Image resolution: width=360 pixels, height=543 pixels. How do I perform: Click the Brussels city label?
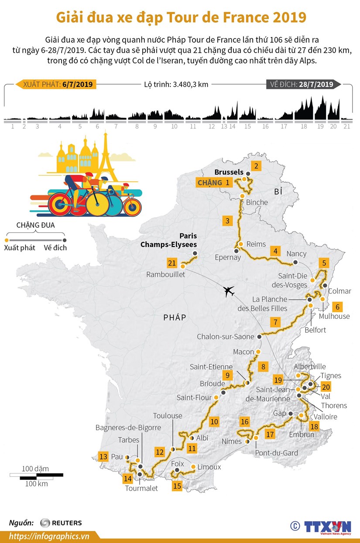(229, 172)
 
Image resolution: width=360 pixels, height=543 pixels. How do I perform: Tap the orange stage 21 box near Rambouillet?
(172, 263)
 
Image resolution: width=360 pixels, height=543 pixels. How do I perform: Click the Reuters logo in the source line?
(61, 523)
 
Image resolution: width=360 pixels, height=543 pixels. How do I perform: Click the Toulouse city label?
(168, 416)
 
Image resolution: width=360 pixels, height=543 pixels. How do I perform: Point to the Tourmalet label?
(141, 488)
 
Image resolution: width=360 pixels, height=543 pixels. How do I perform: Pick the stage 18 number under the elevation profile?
(303, 126)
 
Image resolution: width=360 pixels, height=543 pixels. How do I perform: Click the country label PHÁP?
(175, 318)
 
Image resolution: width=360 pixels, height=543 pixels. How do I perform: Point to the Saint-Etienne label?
(211, 367)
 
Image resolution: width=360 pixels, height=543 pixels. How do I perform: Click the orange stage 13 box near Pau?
(103, 457)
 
